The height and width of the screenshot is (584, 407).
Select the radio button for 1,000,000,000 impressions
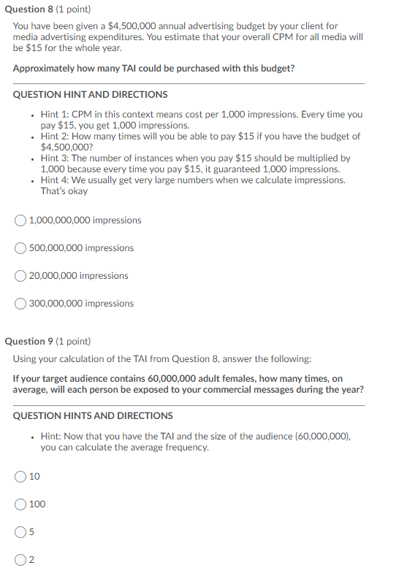(x=21, y=220)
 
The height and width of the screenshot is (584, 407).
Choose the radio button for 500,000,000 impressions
(x=21, y=248)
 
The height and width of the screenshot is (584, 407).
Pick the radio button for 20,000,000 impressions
(x=21, y=276)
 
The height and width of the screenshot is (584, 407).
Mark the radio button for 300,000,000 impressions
(x=21, y=304)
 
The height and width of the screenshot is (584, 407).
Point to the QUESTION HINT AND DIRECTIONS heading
(x=90, y=95)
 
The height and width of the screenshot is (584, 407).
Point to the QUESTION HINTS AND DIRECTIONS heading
(x=93, y=415)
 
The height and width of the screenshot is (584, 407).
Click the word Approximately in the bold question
(x=43, y=69)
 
